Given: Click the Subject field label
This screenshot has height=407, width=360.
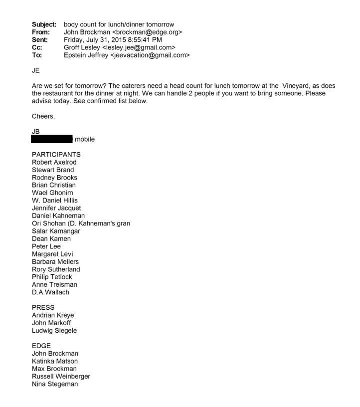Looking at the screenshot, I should click(x=44, y=24).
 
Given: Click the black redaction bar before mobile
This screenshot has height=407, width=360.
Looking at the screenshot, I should click(x=51, y=139).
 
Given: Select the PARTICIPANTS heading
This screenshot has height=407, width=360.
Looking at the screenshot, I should click(x=56, y=155).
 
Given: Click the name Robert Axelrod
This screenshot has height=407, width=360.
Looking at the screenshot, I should click(x=54, y=162).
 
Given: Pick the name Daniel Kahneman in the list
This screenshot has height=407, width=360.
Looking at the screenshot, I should click(x=58, y=215).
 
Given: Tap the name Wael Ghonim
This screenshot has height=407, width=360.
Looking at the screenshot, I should click(x=52, y=193).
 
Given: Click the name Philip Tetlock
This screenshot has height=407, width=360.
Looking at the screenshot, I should click(x=52, y=277).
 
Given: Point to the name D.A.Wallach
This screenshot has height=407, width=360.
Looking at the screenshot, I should click(x=50, y=292).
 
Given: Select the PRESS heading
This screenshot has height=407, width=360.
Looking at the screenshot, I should click(x=43, y=307).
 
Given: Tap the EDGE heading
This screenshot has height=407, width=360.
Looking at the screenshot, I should click(x=41, y=346).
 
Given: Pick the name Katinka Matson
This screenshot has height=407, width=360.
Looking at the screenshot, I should click(x=54, y=361).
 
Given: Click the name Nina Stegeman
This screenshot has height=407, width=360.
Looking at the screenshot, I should click(x=54, y=384).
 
